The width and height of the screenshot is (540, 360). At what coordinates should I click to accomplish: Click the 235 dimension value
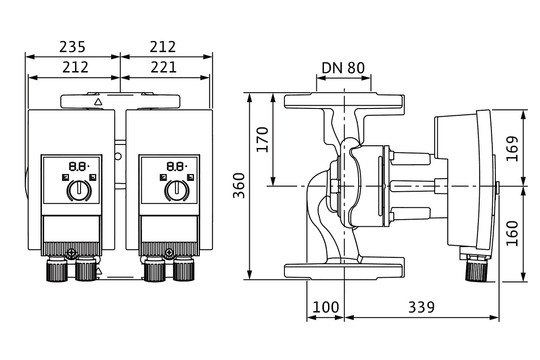72,46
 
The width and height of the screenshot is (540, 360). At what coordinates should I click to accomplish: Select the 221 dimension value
163,67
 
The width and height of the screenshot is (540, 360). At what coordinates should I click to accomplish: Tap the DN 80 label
343,67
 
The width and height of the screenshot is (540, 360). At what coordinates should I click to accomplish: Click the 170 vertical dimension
262,139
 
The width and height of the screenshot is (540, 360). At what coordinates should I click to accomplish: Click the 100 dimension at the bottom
325,307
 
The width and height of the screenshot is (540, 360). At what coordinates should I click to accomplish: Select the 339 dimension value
422,307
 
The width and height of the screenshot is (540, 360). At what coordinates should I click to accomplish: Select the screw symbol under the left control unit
71,253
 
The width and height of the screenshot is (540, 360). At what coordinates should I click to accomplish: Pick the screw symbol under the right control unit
169,253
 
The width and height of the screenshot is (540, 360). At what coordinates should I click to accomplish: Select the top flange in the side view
344,101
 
